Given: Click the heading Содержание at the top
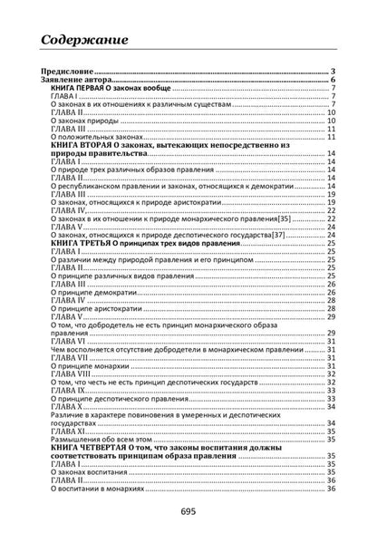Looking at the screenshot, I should pyautogui.click(x=90, y=40).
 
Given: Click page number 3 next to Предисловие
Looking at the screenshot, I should pyautogui.click(x=333, y=72).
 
